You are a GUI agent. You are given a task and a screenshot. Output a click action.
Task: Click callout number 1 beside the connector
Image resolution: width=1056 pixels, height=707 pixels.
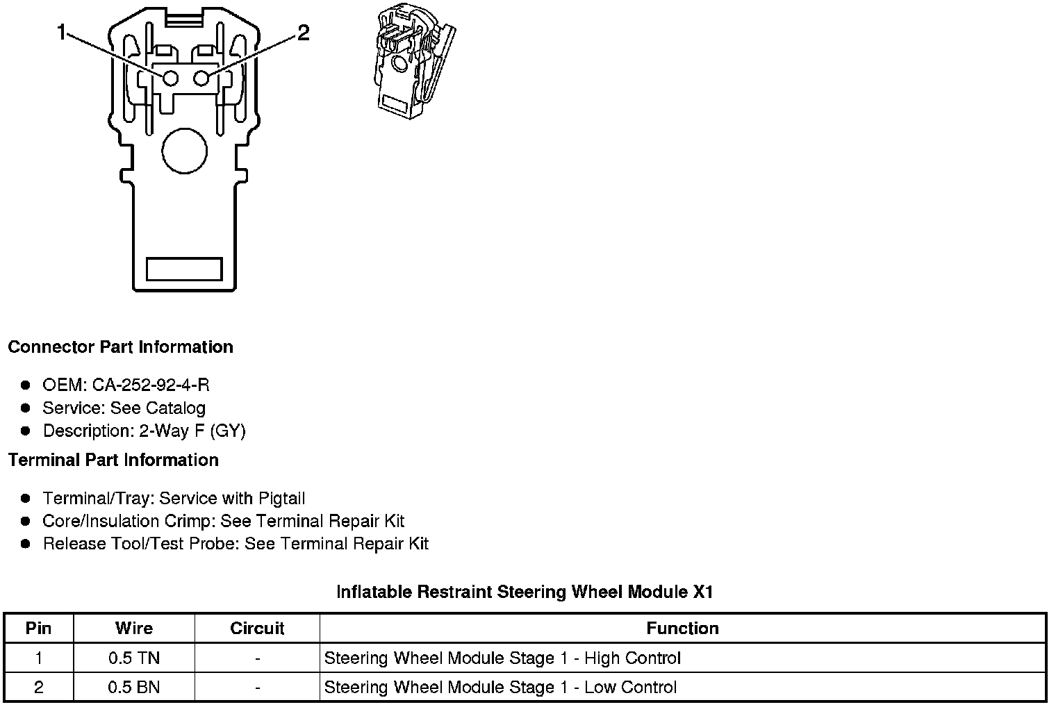point(62,33)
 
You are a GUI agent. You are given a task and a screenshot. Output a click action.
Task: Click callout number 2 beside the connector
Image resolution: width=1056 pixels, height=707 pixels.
point(304,33)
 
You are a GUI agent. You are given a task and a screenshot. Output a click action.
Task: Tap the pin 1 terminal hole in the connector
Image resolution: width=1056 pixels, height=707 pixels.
point(170,78)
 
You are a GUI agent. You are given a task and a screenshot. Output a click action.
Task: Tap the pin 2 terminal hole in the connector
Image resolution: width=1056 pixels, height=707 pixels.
point(201,78)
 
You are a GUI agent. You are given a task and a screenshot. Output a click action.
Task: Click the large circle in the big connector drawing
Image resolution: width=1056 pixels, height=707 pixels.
point(184,150)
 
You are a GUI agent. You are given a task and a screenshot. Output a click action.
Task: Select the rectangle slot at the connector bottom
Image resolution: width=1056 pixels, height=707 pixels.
point(184,269)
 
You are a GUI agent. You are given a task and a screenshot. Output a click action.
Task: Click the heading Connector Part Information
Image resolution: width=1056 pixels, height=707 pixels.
point(120,347)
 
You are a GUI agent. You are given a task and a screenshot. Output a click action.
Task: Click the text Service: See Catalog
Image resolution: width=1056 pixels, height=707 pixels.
point(124,408)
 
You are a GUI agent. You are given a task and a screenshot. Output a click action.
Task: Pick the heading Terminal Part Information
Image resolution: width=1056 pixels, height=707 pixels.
point(113,460)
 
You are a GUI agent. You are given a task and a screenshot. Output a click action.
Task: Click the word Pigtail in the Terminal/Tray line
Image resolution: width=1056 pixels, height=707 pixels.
point(281,499)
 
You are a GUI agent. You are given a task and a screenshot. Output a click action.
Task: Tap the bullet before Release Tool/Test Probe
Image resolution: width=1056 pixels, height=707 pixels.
point(26,544)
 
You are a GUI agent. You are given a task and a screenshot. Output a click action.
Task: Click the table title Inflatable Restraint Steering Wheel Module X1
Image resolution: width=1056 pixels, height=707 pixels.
point(525,592)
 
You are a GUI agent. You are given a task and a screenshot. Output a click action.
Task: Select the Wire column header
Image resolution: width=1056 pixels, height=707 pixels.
point(133,629)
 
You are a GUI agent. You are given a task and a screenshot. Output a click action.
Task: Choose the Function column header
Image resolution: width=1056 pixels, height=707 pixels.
point(682,629)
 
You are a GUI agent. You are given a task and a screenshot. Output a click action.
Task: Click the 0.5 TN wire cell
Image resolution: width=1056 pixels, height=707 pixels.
point(133,658)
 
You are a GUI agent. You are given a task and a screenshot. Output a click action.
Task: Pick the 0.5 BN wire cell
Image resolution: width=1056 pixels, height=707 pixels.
point(133,688)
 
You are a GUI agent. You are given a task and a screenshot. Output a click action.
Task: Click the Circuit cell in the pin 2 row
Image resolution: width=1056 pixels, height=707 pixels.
point(257,688)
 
